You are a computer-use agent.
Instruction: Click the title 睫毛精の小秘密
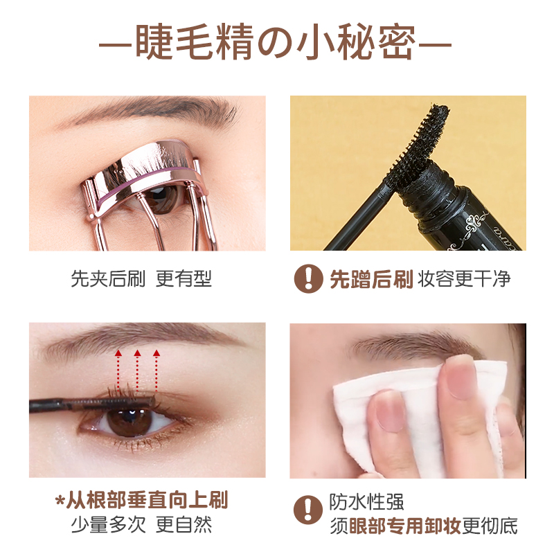(276, 45)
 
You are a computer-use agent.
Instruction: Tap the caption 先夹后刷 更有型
(141, 279)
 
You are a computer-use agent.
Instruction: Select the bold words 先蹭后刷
(371, 279)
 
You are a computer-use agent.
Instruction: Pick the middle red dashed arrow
(137, 370)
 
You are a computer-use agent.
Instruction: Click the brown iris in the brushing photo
(128, 421)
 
